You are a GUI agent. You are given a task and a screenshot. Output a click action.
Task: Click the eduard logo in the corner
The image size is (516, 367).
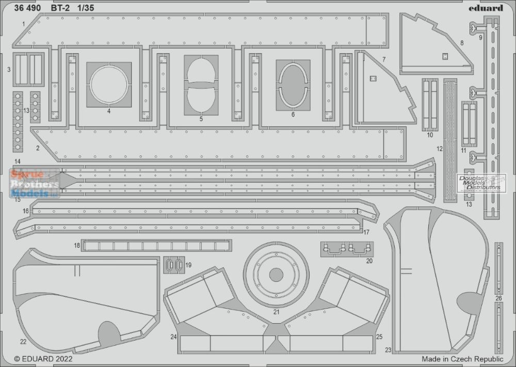[486, 8]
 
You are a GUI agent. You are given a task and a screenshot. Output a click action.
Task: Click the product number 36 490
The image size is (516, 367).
[27, 8]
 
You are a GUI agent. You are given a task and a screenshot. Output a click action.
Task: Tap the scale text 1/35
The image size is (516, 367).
[86, 8]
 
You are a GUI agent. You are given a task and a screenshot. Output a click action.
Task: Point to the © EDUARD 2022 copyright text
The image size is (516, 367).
[43, 358]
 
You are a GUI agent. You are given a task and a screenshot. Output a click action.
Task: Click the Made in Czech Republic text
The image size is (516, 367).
[462, 359]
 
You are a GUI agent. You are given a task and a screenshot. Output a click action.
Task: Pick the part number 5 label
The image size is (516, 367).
[201, 119]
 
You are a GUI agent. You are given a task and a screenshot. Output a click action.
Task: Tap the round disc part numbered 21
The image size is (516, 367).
[276, 275]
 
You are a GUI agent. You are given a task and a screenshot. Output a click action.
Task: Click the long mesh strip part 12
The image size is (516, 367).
[450, 140]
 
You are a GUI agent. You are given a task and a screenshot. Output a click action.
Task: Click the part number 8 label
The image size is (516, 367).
[462, 43]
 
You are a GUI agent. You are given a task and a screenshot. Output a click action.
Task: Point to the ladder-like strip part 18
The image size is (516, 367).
[157, 246]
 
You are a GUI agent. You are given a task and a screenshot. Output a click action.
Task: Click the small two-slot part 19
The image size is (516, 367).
[174, 265]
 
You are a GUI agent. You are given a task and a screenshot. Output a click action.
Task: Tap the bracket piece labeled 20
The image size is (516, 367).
[347, 249]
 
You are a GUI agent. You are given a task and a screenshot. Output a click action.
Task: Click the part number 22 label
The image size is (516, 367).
[23, 342]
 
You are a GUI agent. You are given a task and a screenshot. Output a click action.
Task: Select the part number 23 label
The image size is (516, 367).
[389, 350]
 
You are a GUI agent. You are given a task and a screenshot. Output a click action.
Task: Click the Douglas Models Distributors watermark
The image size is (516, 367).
[481, 183]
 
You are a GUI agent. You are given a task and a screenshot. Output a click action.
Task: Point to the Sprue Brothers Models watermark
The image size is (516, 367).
[35, 183]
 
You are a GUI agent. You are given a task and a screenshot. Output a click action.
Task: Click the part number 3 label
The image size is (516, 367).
[9, 70]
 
